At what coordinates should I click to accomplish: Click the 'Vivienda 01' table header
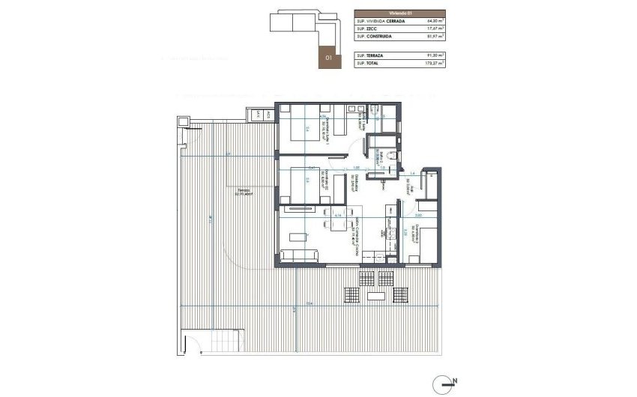tap(399, 13)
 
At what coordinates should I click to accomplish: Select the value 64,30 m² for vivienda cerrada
tap(435, 22)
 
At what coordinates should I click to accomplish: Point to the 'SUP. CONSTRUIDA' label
tap(376, 36)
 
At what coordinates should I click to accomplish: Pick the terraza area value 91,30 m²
tap(435, 56)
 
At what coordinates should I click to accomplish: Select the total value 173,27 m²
tap(435, 64)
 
